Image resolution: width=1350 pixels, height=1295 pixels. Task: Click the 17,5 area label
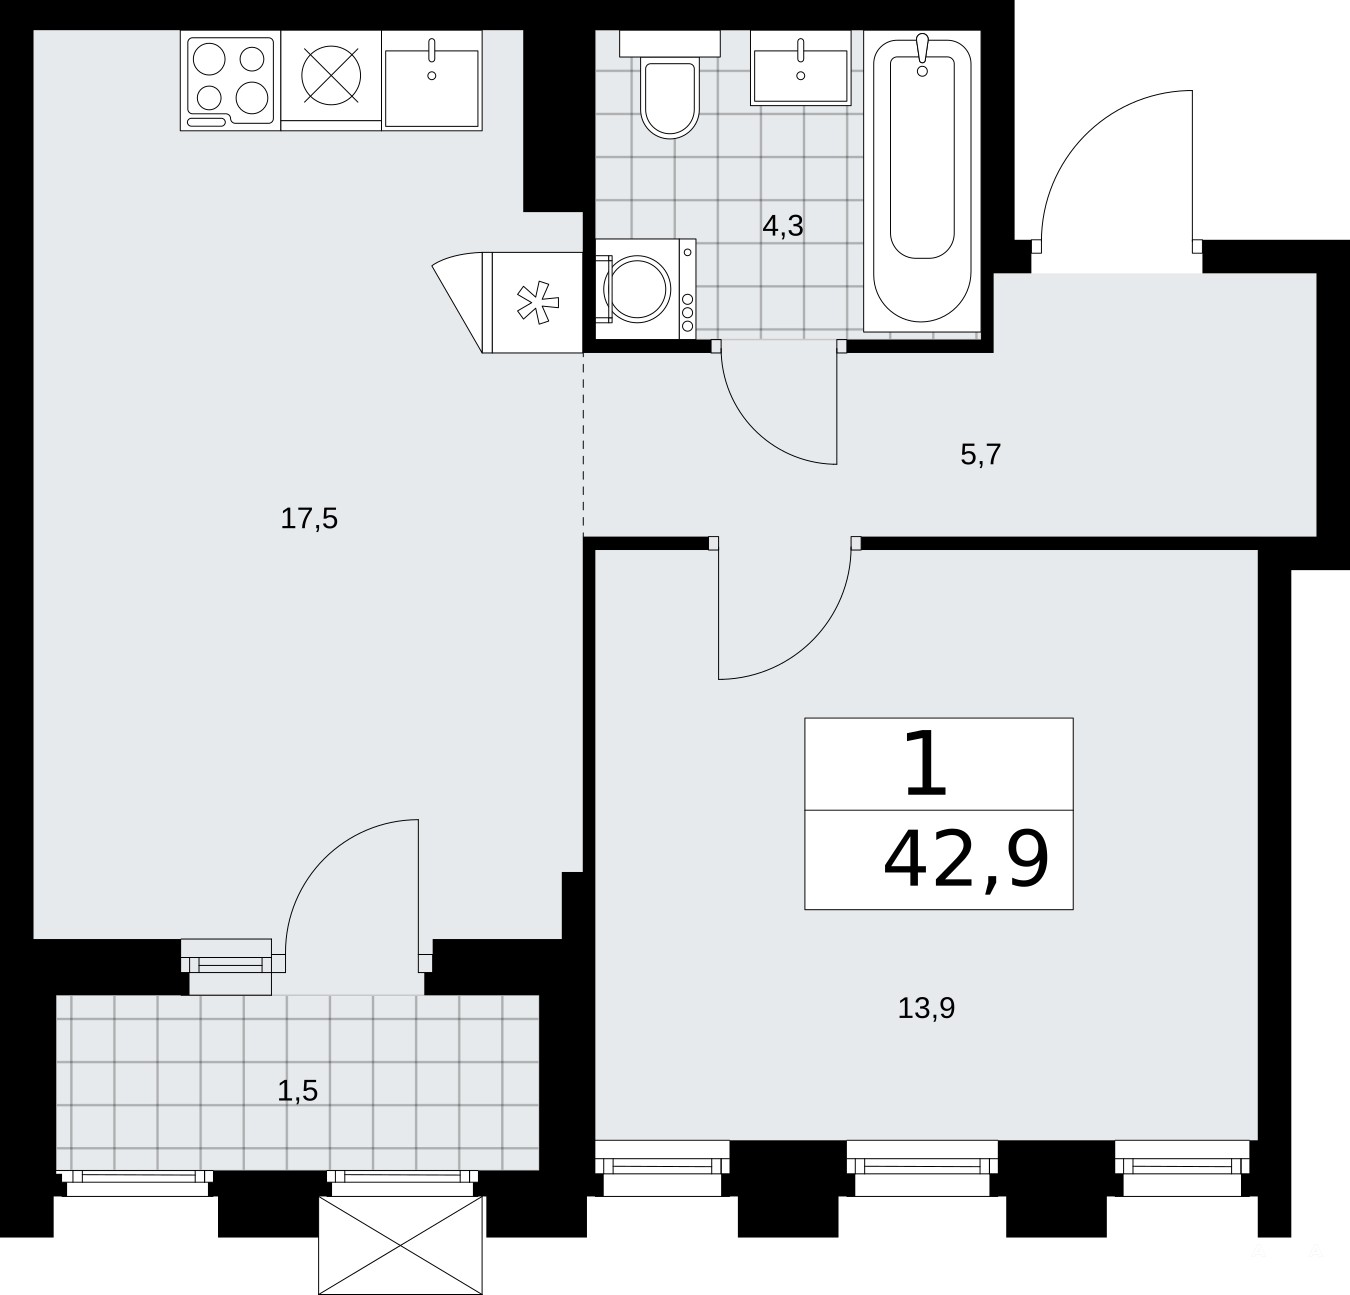[x=309, y=519]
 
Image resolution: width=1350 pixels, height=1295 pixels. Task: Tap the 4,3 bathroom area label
[x=783, y=226]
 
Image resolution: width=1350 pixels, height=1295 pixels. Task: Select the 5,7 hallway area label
[x=981, y=455]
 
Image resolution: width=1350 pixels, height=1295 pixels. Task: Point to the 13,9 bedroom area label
[x=926, y=1009]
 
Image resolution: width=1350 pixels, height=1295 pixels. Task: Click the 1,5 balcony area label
[x=298, y=1091]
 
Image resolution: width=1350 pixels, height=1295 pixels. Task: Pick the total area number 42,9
[x=966, y=861]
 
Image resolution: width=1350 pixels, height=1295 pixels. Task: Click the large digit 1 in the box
[x=926, y=764]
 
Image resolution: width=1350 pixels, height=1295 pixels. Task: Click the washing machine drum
[x=637, y=289]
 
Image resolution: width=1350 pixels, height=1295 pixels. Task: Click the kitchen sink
[x=432, y=80]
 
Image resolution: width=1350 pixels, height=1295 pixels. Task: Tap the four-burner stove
[x=230, y=80]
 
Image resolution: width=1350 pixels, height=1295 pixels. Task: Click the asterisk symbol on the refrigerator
[x=538, y=302]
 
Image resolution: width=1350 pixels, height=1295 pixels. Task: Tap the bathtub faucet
[x=922, y=54]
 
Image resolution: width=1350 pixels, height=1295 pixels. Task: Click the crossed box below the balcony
[x=401, y=1245]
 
